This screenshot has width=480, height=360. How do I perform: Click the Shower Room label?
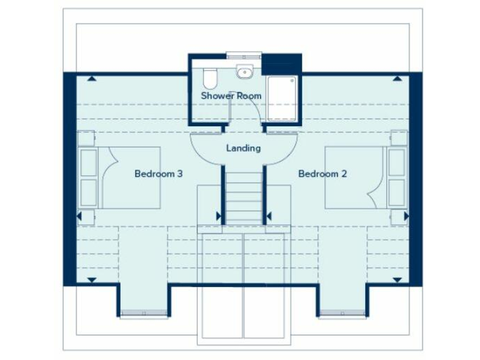tap(231, 96)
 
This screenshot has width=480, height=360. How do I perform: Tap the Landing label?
tap(243, 148)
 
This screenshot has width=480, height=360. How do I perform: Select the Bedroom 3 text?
tap(158, 174)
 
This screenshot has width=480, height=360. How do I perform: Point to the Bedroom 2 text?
tap(322, 174)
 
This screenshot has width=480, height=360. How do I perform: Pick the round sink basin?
tap(243, 72)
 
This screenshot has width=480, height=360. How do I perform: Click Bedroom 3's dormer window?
tap(143, 312)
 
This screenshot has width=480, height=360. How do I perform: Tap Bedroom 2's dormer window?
tap(342, 312)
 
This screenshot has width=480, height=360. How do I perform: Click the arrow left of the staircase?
tap(219, 216)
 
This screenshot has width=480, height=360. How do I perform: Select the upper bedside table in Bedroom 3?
tap(86, 138)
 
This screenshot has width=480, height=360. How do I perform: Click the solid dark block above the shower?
tap(281, 63)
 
